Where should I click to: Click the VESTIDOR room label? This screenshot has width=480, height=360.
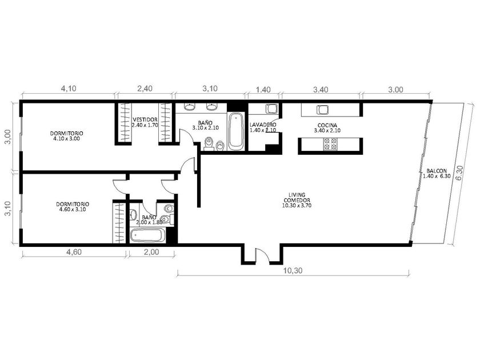145,119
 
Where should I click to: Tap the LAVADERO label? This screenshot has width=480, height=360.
263,125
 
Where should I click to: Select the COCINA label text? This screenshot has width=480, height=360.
327,125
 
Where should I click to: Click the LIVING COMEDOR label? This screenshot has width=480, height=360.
297,198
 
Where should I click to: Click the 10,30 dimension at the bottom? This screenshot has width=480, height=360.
293,271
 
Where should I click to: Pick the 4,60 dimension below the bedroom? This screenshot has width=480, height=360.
74,252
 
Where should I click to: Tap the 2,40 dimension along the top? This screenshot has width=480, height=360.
145,89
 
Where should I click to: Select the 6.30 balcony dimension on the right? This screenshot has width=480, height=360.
459,174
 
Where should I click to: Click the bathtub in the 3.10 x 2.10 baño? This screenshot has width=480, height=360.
235,131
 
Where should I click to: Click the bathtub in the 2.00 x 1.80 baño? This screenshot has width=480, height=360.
147,236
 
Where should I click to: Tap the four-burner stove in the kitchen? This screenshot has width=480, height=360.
331,144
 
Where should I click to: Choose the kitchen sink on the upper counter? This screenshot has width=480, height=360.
322,109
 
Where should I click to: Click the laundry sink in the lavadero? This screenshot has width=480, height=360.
271,109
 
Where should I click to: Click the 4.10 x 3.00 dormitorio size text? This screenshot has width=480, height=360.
66,139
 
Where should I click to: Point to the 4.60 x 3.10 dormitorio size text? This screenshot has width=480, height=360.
73,209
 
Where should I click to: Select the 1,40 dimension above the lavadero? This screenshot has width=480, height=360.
263,90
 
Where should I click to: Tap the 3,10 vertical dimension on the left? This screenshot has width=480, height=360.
7,209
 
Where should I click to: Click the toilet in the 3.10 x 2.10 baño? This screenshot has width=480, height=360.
209,144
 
